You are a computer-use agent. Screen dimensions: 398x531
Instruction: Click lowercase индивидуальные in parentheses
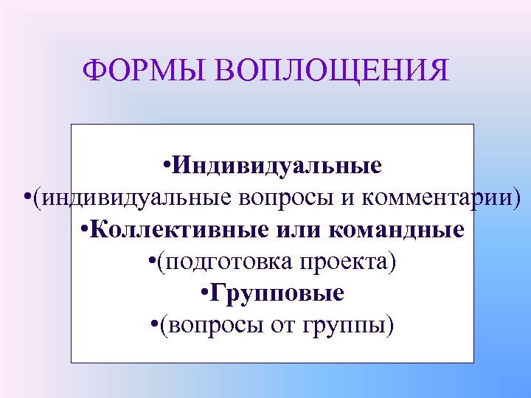(x=136, y=198)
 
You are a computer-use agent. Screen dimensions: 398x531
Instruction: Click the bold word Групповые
(x=277, y=293)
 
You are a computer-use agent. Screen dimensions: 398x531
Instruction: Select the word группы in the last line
(x=346, y=325)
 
